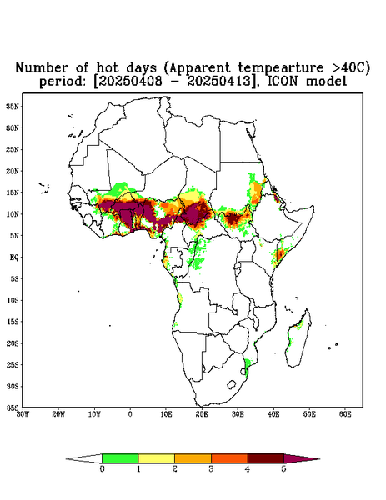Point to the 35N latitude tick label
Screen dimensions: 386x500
point(13,106)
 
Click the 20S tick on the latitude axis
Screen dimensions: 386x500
point(13,343)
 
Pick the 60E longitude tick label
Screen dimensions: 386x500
point(345,414)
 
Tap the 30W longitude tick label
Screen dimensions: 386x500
point(23,414)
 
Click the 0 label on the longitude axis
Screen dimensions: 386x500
point(130,414)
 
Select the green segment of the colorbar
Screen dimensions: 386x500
point(120,458)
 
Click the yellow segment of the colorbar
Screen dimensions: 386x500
point(156,458)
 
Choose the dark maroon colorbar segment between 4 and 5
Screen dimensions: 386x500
point(266,458)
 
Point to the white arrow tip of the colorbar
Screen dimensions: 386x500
point(84,458)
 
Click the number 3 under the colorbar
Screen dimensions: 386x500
point(211,469)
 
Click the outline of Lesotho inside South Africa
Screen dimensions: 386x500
point(232,384)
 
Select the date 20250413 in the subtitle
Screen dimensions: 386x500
point(222,81)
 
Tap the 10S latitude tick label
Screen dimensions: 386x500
point(13,300)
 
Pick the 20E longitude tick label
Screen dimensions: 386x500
point(202,414)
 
